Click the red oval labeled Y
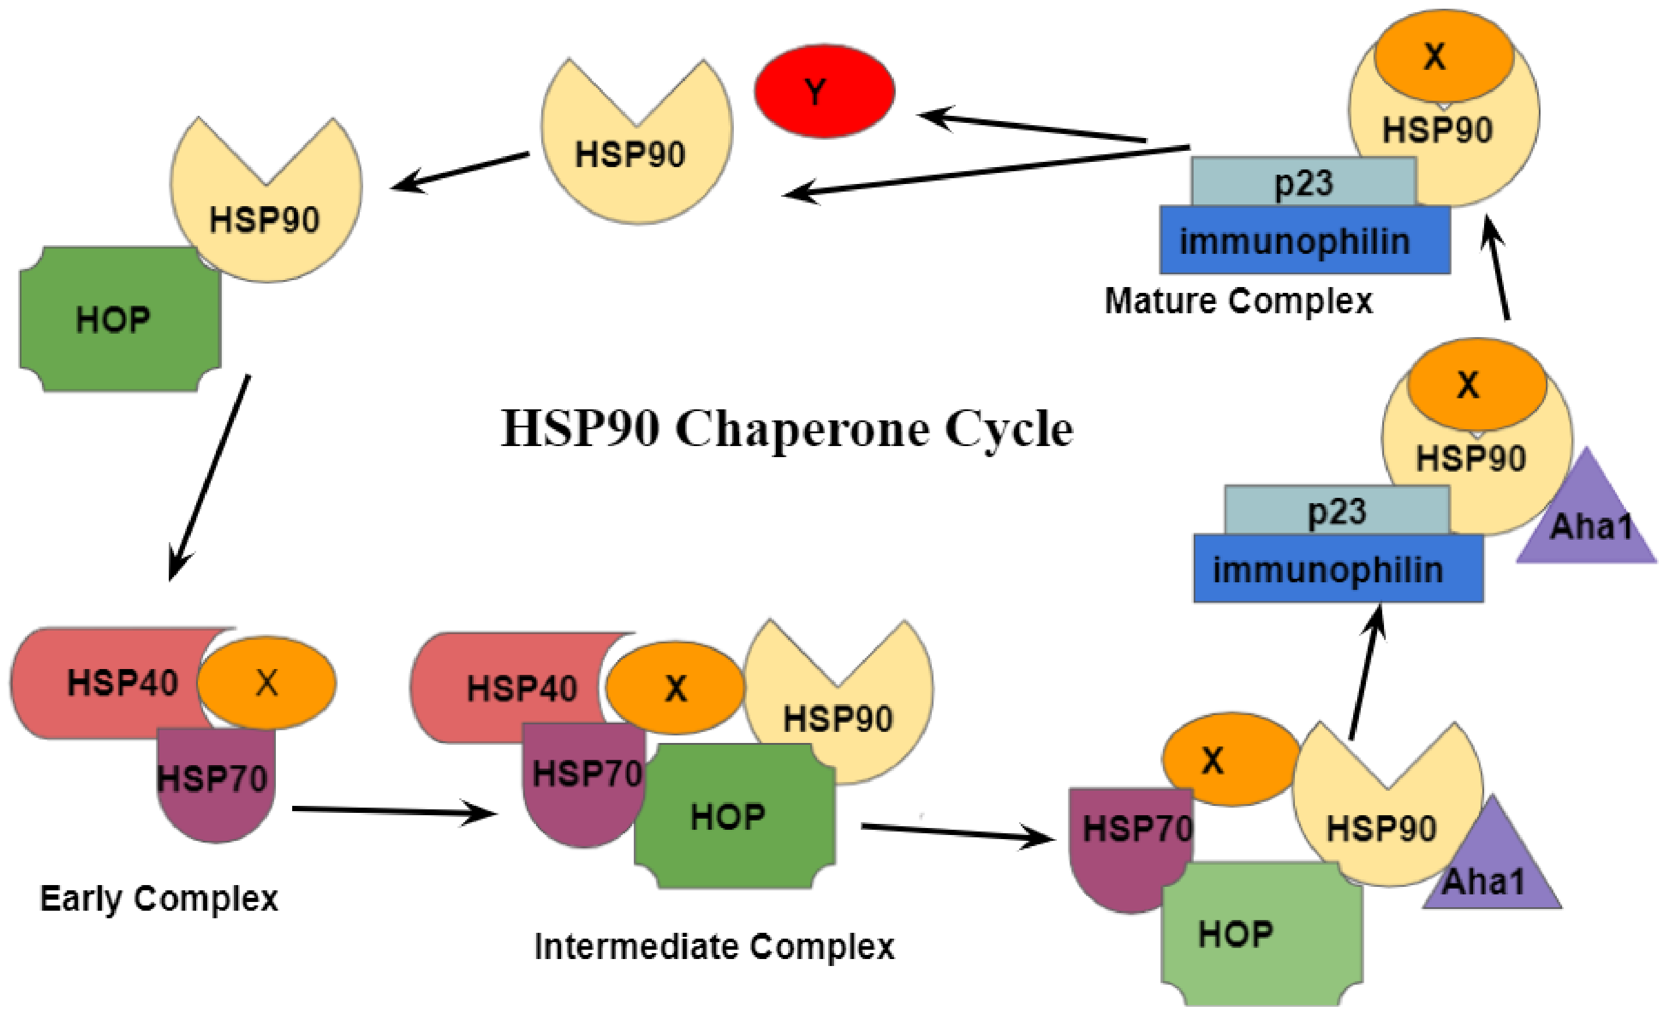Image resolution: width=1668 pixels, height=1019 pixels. pos(824,91)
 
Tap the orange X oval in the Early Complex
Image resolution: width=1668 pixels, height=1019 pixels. pos(267,682)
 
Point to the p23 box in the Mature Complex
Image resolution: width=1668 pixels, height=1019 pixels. pos(1303,182)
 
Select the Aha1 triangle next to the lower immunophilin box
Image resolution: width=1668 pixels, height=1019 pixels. pos(1588,521)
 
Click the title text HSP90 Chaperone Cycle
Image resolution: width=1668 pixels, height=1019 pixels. pos(787,429)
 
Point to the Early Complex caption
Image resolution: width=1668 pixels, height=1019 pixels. pos(159,899)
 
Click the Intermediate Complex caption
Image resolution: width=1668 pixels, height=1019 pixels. pos(714,947)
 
